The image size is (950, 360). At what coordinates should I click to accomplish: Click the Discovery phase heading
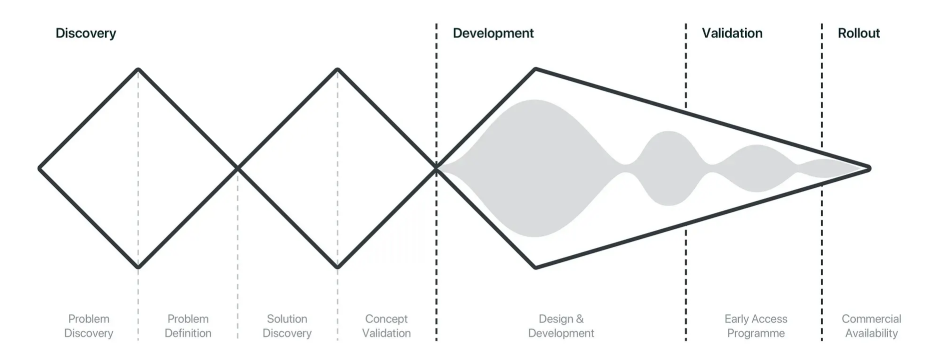[x=86, y=33]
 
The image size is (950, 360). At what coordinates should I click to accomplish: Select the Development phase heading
[x=493, y=33]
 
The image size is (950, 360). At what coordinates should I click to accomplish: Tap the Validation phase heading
[x=732, y=33]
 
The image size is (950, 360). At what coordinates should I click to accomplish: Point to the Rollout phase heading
[x=858, y=33]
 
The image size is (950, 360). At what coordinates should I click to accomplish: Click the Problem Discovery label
[x=89, y=326]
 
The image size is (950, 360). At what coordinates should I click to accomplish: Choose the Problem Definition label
[x=188, y=326]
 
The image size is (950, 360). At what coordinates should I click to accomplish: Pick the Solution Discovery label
[x=287, y=326]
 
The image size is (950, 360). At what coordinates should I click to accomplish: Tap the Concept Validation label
[x=386, y=326]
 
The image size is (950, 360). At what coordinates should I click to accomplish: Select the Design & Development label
[x=561, y=326]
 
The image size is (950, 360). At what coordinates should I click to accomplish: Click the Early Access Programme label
[x=756, y=326]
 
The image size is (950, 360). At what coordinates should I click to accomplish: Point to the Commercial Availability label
[x=871, y=326]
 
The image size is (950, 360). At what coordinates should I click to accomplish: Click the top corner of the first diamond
[x=138, y=70]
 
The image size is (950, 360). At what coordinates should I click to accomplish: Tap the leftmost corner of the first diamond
[x=40, y=168]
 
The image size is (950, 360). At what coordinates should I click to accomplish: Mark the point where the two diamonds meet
[x=238, y=168]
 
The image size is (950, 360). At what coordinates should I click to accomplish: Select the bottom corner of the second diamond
[x=338, y=267]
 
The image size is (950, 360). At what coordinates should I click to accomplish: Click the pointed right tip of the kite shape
[x=869, y=168]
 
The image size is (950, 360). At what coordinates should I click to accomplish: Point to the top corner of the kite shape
[x=536, y=70]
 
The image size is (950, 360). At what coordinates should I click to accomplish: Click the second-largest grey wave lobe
[x=669, y=168]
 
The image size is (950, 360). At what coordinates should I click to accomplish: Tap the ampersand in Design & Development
[x=580, y=319]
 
